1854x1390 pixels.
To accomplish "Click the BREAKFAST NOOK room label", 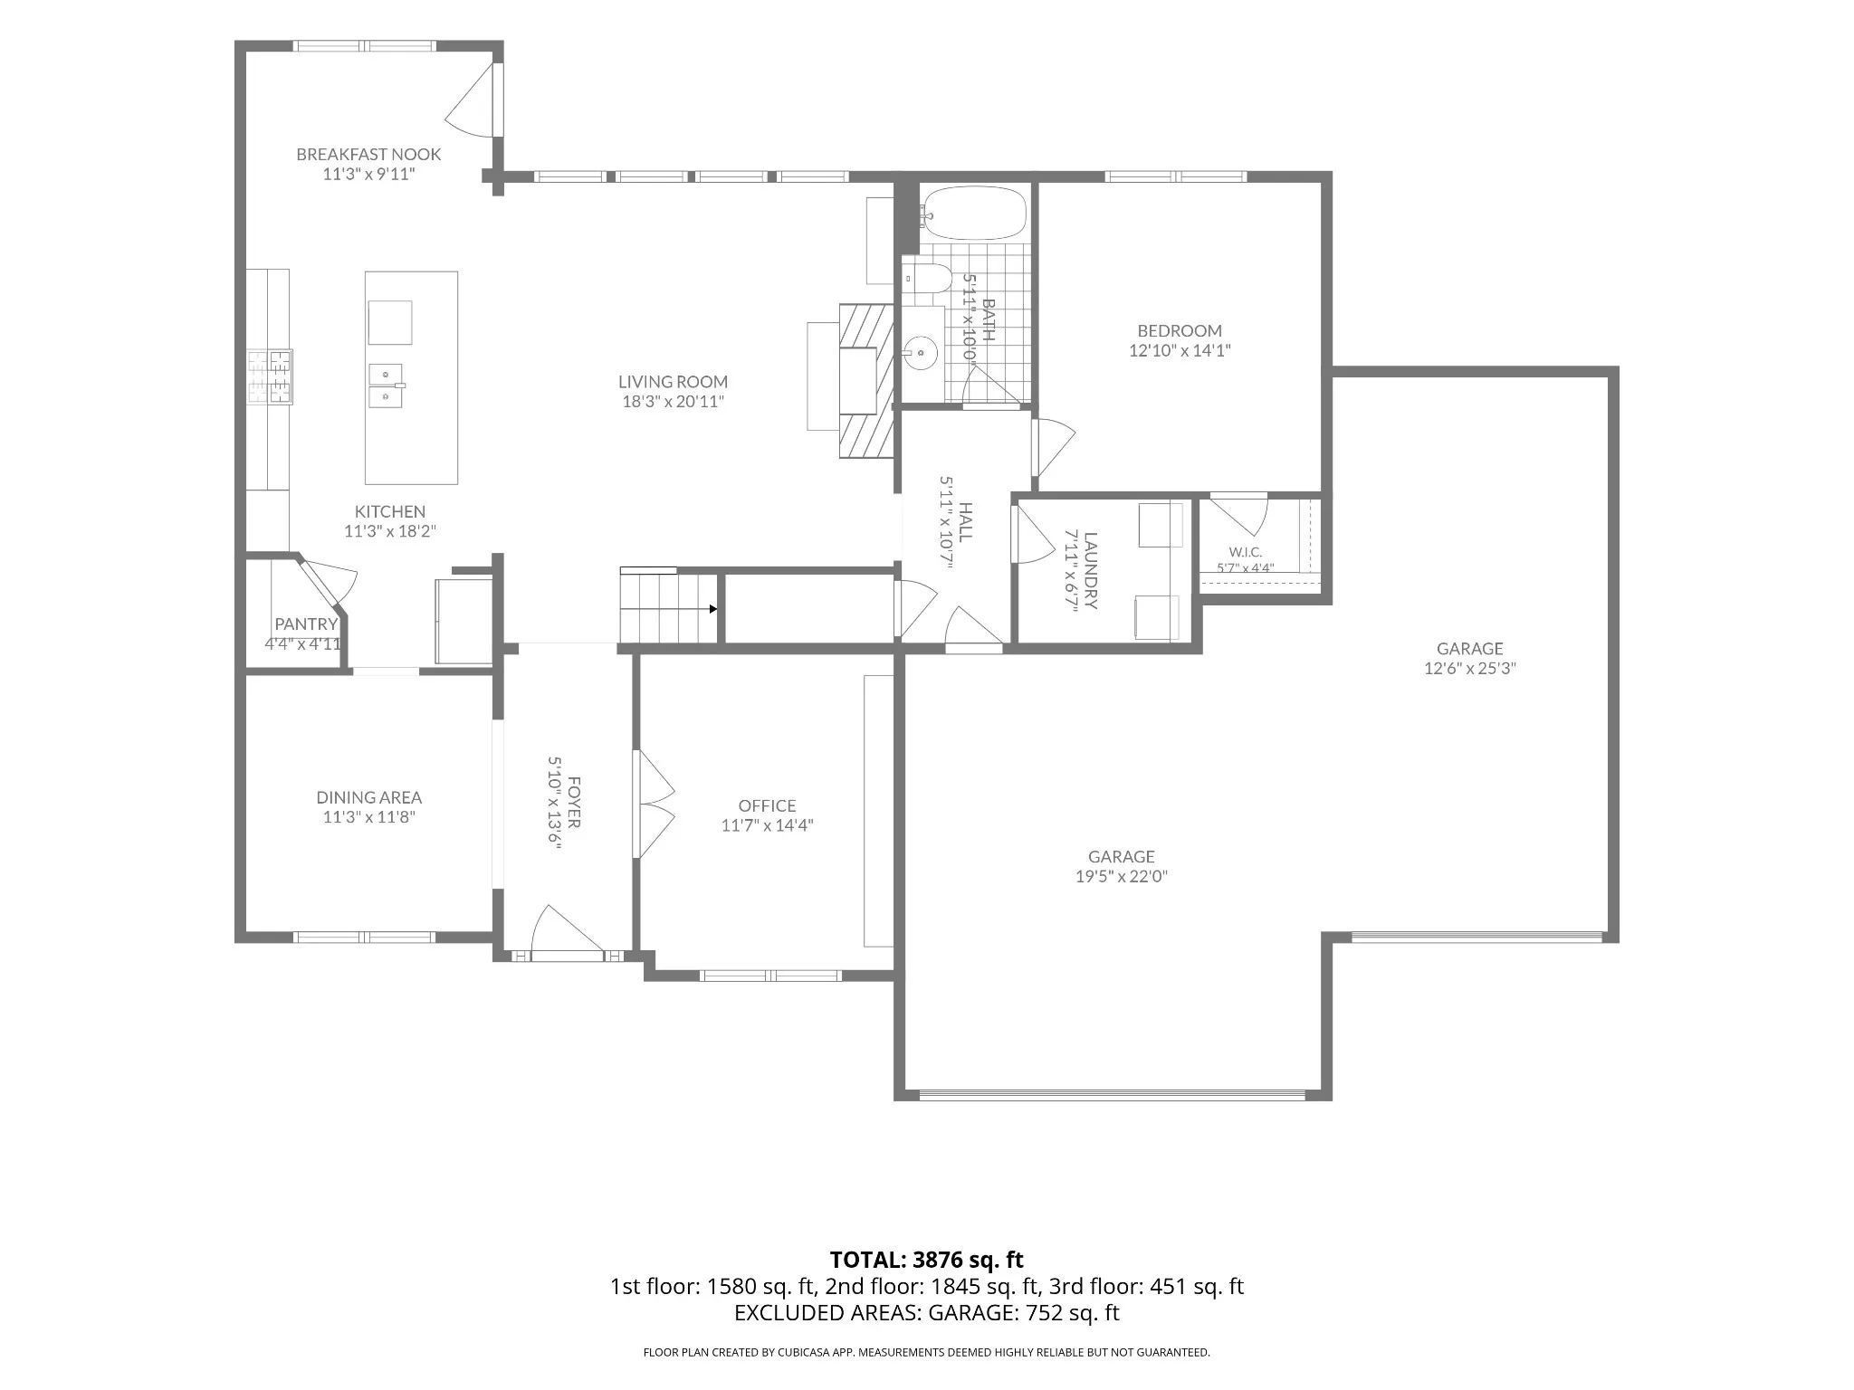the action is coord(368,155).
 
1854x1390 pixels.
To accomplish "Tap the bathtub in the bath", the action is coord(975,213).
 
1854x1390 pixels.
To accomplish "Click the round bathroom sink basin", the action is coord(922,351).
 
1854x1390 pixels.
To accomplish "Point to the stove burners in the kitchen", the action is coord(270,376).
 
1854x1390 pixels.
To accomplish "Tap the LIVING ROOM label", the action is coord(674,382).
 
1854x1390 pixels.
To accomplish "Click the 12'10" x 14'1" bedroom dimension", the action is coord(1180,350).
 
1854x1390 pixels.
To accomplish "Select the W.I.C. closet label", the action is coord(1246,552).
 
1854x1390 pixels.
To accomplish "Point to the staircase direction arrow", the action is coord(713,609).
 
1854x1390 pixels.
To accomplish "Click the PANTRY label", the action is coord(306,624).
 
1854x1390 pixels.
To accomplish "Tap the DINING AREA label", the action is coord(369,797).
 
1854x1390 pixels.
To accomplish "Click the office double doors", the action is coord(655,804).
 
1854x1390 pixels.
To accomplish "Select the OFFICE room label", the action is coord(768,805).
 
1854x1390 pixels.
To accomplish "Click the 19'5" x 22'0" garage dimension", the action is coord(1122,876).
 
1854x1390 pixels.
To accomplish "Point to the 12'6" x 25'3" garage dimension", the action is coord(1470,669).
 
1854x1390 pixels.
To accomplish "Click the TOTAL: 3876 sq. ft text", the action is coord(927,1260).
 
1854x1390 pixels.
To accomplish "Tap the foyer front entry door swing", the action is coord(566,928).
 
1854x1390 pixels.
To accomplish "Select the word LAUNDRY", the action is coord(1091,571).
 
